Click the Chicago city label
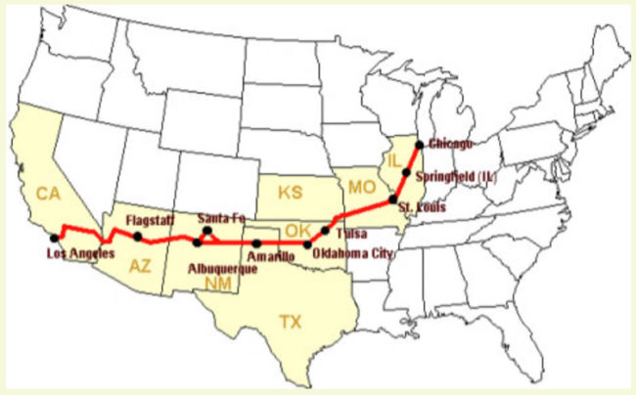pos(451,144)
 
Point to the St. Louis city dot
pos(392,200)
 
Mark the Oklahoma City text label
pos(355,253)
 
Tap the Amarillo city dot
pos(256,242)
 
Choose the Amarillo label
pos(270,257)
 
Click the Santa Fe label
pos(220,217)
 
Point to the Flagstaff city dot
pos(138,237)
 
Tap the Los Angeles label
pos(80,253)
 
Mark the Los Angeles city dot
pos(53,238)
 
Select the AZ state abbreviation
pos(139,264)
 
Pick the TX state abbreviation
pos(291,321)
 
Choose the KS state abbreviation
pos(290,193)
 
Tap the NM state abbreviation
pos(218,284)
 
